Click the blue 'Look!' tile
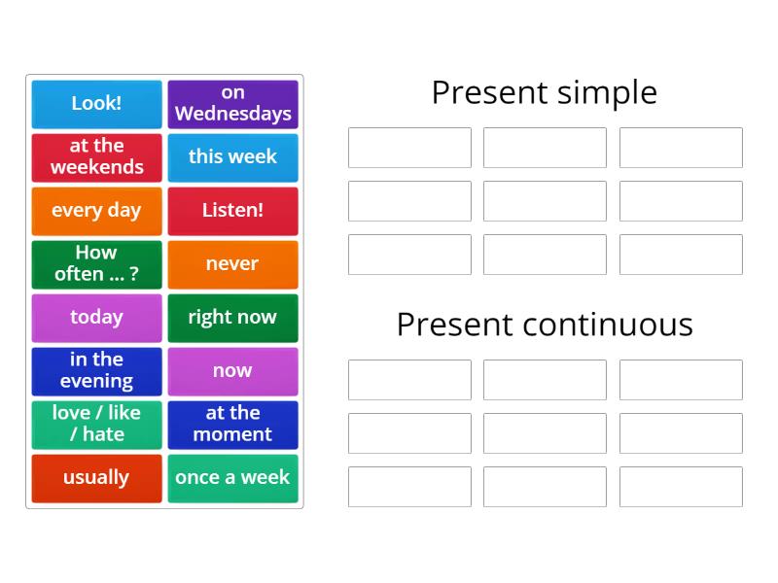coord(96,103)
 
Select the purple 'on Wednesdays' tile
coord(232,103)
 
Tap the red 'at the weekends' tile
coord(96,156)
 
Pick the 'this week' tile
coord(232,156)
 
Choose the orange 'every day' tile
coord(96,210)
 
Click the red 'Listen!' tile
coord(232,210)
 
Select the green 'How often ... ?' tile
coord(96,263)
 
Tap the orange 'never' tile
coord(232,263)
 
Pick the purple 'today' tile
coord(96,317)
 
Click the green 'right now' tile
coord(232,317)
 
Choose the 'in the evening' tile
coord(96,370)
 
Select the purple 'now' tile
coord(232,370)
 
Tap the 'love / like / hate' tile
coord(96,424)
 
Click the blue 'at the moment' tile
coord(232,424)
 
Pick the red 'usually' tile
coord(96,477)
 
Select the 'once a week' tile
coord(232,477)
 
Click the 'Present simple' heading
coord(544,92)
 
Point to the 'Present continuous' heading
coord(544,324)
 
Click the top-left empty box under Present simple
coord(409,148)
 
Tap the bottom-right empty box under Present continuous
coord(681,487)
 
